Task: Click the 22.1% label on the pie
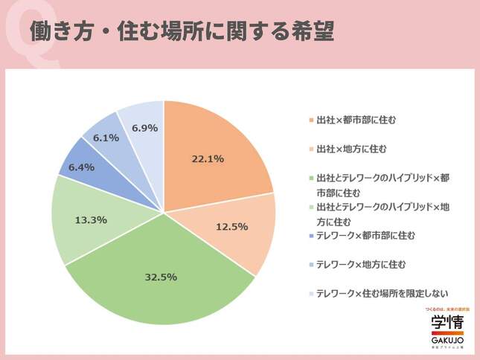click(x=209, y=158)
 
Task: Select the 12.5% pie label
click(x=233, y=227)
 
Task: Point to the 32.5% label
click(x=161, y=277)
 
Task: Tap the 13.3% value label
click(x=92, y=219)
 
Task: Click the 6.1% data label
click(x=106, y=138)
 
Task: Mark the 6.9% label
click(x=144, y=128)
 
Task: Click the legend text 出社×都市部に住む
click(x=351, y=120)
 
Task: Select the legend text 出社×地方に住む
click(x=347, y=149)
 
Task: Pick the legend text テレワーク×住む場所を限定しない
click(x=383, y=293)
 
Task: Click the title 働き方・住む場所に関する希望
click(x=182, y=30)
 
